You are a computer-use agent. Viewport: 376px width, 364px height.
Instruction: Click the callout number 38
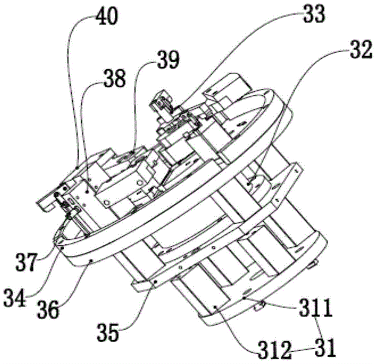(115, 79)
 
